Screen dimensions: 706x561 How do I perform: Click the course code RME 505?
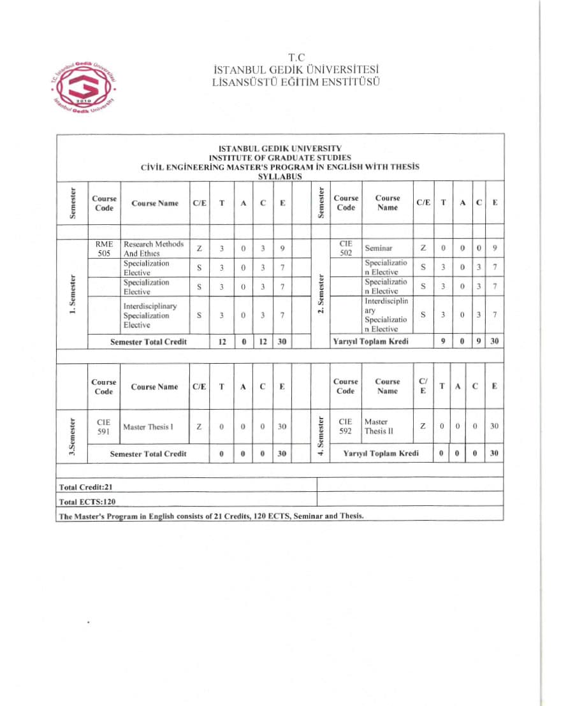click(x=103, y=249)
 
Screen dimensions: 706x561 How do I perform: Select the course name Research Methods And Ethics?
click(x=153, y=249)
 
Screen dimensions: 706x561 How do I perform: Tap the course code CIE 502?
click(x=346, y=248)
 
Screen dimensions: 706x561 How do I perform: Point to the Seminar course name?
click(x=379, y=248)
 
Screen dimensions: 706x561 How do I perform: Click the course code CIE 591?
click(x=103, y=426)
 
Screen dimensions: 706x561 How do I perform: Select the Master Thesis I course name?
click(x=148, y=427)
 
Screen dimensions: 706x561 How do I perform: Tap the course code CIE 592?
click(x=346, y=426)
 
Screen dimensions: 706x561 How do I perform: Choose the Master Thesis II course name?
click(x=377, y=426)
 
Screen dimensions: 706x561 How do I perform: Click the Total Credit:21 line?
click(x=86, y=487)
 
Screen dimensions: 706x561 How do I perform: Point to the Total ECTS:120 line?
click(x=88, y=501)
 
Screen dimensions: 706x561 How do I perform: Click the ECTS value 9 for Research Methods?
click(x=282, y=249)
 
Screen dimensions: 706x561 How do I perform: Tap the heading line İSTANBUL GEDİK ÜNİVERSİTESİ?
click(x=297, y=70)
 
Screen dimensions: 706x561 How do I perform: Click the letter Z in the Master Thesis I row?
click(x=200, y=427)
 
